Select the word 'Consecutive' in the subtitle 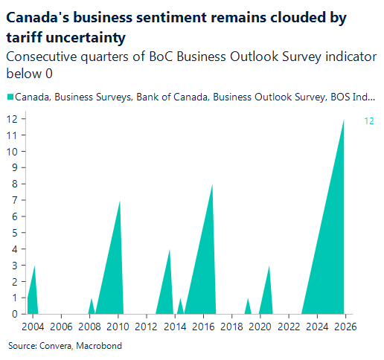coord(42,56)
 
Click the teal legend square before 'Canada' coord(10,97)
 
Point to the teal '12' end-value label coord(368,120)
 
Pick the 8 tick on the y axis coord(13,184)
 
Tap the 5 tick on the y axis coord(13,233)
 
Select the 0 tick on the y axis coord(13,314)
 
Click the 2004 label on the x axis coord(33,327)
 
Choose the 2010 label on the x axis coord(118,327)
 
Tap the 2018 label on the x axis coord(232,327)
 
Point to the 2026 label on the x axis coord(345,327)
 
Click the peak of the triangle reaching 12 coord(344,120)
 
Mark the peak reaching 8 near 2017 coord(213,184)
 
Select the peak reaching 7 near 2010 coord(120,201)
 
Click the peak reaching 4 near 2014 coord(170,249)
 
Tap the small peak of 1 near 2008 coord(92,298)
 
